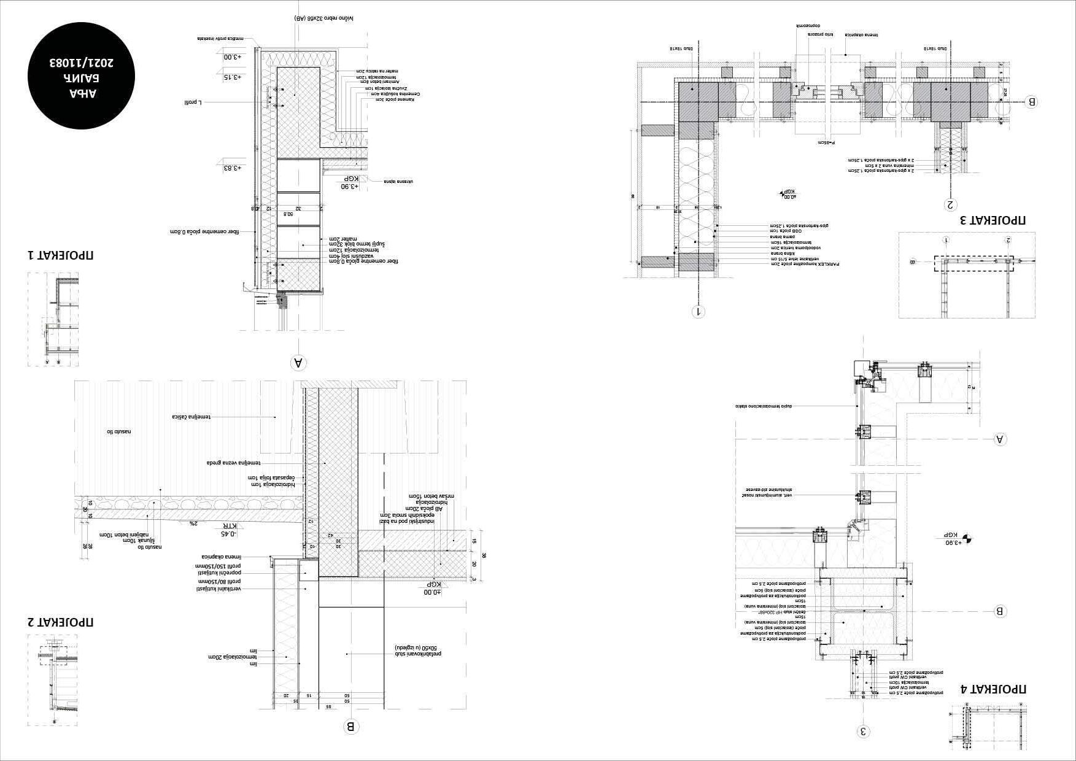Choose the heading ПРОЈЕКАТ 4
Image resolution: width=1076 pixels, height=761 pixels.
(993, 689)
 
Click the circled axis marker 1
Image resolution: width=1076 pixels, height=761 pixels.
(699, 312)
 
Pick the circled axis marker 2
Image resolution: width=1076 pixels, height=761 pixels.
(951, 204)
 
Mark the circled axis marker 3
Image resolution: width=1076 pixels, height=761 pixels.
(863, 731)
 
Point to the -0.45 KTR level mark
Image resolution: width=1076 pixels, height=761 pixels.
(228, 530)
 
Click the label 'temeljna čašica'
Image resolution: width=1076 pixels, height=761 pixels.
(192, 417)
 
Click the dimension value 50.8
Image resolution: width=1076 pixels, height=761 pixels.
(288, 214)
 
